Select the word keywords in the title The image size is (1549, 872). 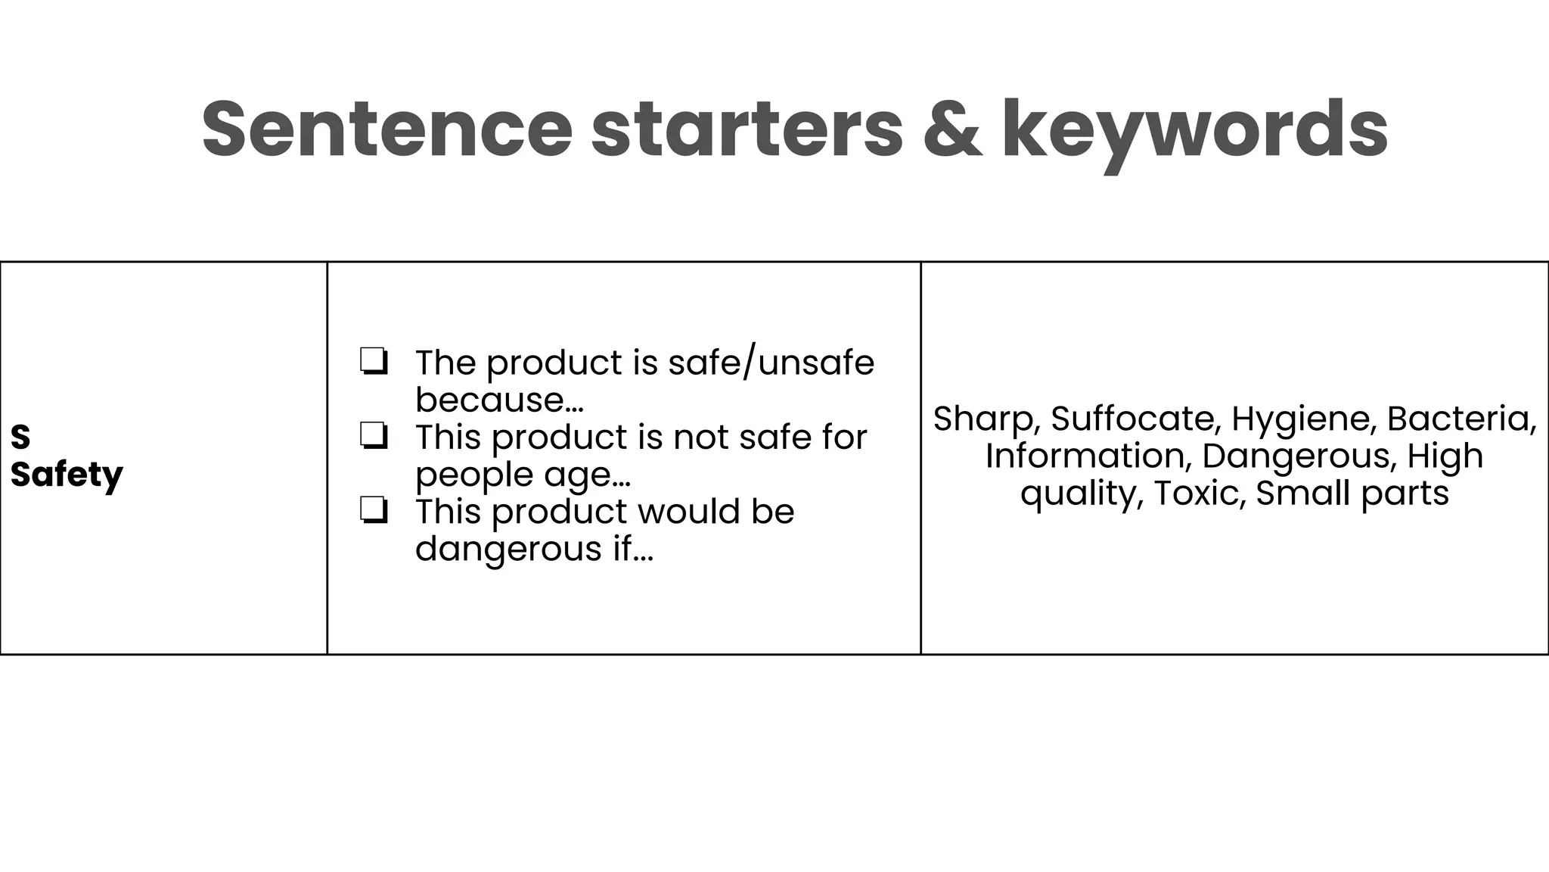click(x=1195, y=130)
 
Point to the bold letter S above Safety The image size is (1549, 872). click(x=20, y=437)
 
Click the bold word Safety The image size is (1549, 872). click(x=67, y=475)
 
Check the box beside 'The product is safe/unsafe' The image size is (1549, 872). click(x=374, y=362)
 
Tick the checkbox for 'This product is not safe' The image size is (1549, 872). click(x=374, y=437)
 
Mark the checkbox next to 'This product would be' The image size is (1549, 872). click(x=374, y=511)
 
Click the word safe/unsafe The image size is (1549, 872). click(x=771, y=363)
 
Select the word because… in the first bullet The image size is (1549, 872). click(x=499, y=400)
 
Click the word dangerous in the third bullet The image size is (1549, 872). click(x=508, y=549)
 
